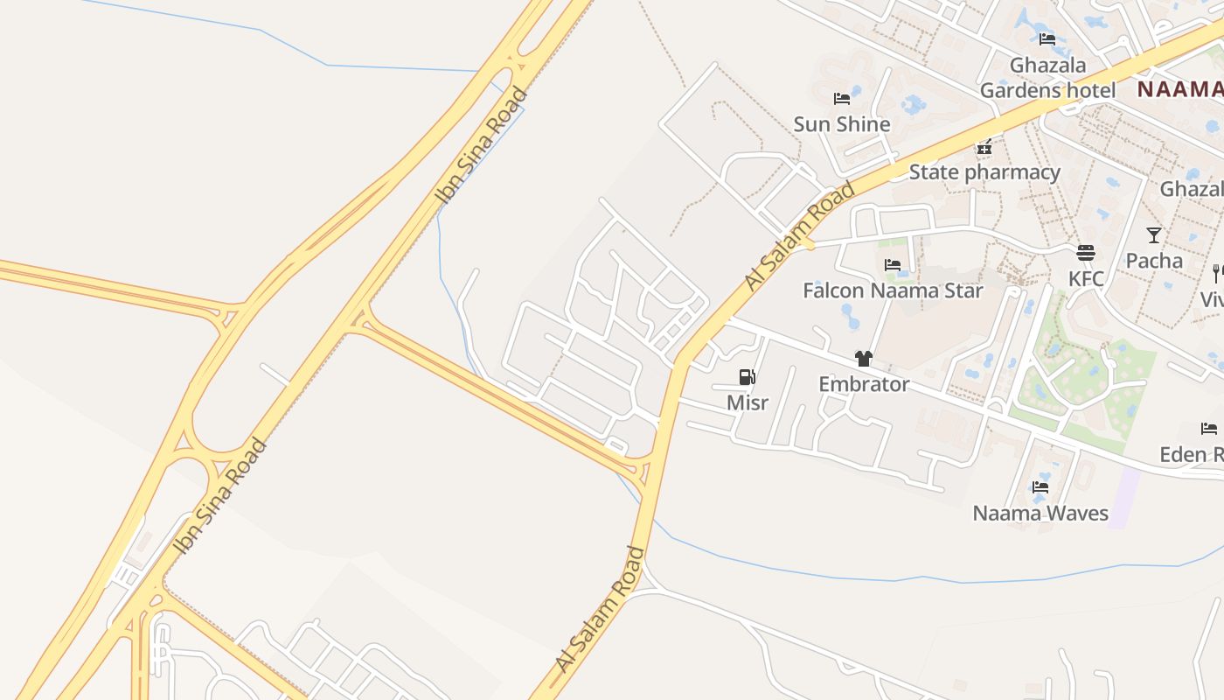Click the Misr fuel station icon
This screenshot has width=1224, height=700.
point(747,377)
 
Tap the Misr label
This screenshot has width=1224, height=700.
point(748,402)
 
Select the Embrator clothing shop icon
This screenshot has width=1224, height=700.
point(864,358)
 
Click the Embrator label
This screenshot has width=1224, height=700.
point(864,383)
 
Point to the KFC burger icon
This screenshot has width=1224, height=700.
point(1086,253)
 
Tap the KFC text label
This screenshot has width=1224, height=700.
point(1086,278)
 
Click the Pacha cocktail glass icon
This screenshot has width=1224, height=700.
point(1154,234)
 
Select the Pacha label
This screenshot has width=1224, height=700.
point(1154,260)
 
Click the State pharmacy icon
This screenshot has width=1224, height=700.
point(984,146)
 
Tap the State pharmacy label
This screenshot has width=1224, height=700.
point(984,171)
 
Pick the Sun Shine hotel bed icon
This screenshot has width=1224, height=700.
point(842,99)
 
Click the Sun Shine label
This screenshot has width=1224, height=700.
point(842,124)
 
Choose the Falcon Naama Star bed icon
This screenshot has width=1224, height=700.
point(893,264)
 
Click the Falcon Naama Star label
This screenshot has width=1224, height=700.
point(893,290)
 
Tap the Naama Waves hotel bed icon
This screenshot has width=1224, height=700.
point(1040,487)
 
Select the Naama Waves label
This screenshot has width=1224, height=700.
point(1040,513)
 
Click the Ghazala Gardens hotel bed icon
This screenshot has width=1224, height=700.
point(1047,38)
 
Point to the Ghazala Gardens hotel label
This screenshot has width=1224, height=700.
point(1047,77)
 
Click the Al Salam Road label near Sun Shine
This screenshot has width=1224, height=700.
point(800,236)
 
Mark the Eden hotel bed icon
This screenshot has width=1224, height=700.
point(1209,429)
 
